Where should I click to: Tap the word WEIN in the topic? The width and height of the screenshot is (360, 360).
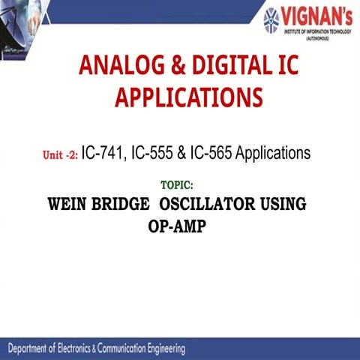click(x=71, y=203)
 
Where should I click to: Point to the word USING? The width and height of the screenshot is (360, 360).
click(x=285, y=203)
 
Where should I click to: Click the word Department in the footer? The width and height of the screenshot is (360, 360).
click(x=37, y=349)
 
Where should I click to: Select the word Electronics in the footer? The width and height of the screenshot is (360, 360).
click(x=96, y=349)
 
